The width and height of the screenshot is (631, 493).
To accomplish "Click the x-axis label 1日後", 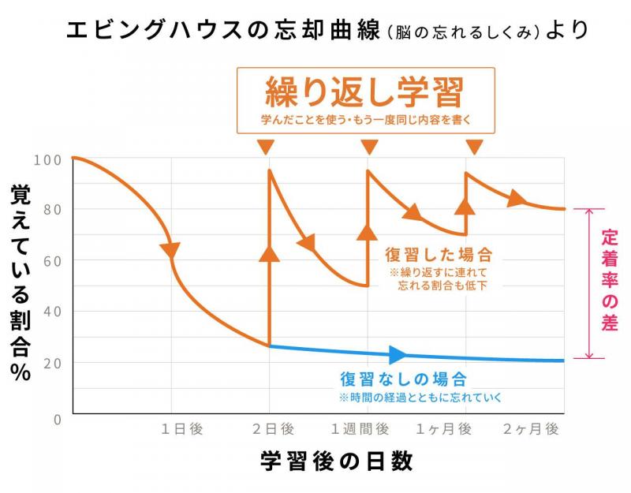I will pyautogui.click(x=182, y=429).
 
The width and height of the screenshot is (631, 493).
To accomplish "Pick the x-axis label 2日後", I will pyautogui.click(x=273, y=429).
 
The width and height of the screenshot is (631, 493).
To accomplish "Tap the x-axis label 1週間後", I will pyautogui.click(x=360, y=429).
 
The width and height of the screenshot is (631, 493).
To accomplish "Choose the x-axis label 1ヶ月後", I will pyautogui.click(x=444, y=429).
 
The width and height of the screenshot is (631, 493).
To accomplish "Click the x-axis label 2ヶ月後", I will pyautogui.click(x=531, y=429).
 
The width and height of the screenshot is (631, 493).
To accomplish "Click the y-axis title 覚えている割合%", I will pyautogui.click(x=21, y=284).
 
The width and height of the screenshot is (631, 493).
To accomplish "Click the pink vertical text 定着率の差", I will pyautogui.click(x=608, y=280).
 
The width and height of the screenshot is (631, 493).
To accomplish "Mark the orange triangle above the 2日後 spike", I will pyautogui.click(x=266, y=147).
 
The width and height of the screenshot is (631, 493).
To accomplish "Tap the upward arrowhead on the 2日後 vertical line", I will pyautogui.click(x=270, y=252).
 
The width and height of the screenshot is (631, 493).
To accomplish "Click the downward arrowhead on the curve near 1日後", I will pyautogui.click(x=170, y=250).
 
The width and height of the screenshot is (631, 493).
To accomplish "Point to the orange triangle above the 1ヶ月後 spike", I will pyautogui.click(x=474, y=147).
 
